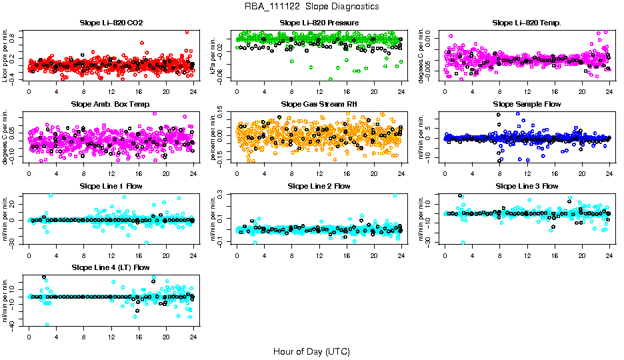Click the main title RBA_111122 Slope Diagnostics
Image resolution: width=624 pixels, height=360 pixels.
point(311,6)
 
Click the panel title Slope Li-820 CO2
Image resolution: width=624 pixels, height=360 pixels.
point(111,23)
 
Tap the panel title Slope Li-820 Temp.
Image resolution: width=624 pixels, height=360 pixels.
point(527,23)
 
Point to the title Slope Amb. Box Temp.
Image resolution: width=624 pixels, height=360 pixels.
point(111,104)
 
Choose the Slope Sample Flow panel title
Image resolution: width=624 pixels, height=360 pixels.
point(527,104)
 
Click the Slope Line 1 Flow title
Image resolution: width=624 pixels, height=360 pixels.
point(111,186)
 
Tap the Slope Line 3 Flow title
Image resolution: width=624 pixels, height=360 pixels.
point(527,186)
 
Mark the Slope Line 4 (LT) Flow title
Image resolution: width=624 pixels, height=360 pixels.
point(111,267)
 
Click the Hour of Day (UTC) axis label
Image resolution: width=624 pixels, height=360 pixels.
point(311,351)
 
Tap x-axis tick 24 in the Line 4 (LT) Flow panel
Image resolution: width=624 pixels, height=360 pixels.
point(193,337)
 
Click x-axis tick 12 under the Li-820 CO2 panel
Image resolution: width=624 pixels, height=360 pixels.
point(111,91)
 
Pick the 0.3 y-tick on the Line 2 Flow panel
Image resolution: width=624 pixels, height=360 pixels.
point(227,195)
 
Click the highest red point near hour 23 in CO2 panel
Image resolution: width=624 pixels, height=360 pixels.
point(187,31)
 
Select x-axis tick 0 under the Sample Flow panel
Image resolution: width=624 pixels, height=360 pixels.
point(445,173)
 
